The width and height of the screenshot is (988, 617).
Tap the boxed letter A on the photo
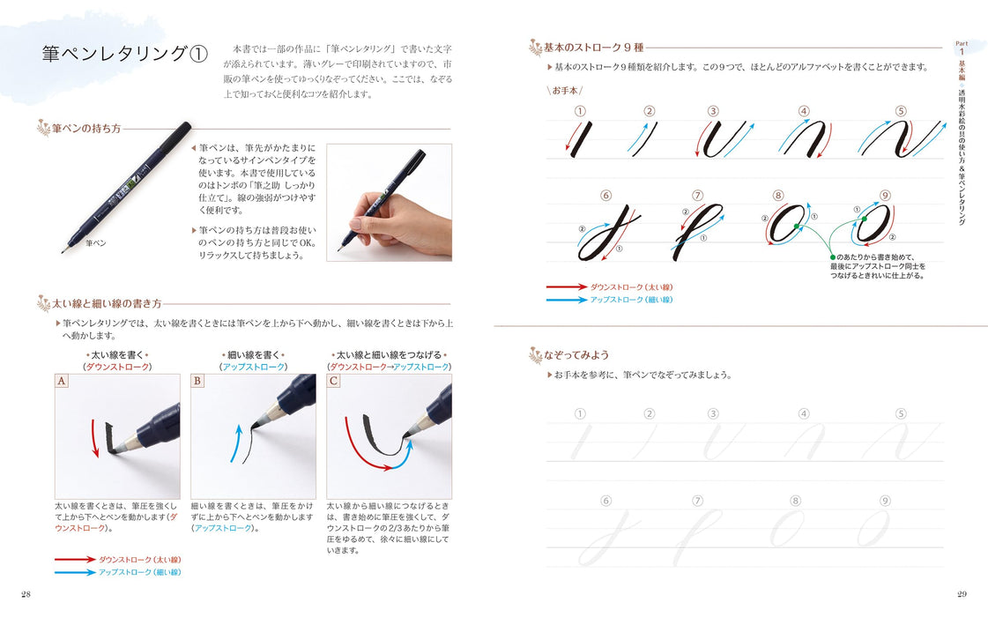[62, 381]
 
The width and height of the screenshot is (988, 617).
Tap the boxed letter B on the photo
[197, 381]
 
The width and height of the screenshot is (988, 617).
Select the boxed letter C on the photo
[333, 381]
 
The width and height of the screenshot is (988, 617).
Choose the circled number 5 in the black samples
[901, 111]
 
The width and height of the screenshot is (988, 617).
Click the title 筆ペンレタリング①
[124, 54]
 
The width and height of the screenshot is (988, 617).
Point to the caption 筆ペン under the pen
[95, 242]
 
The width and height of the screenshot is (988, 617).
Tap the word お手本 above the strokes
[565, 90]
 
